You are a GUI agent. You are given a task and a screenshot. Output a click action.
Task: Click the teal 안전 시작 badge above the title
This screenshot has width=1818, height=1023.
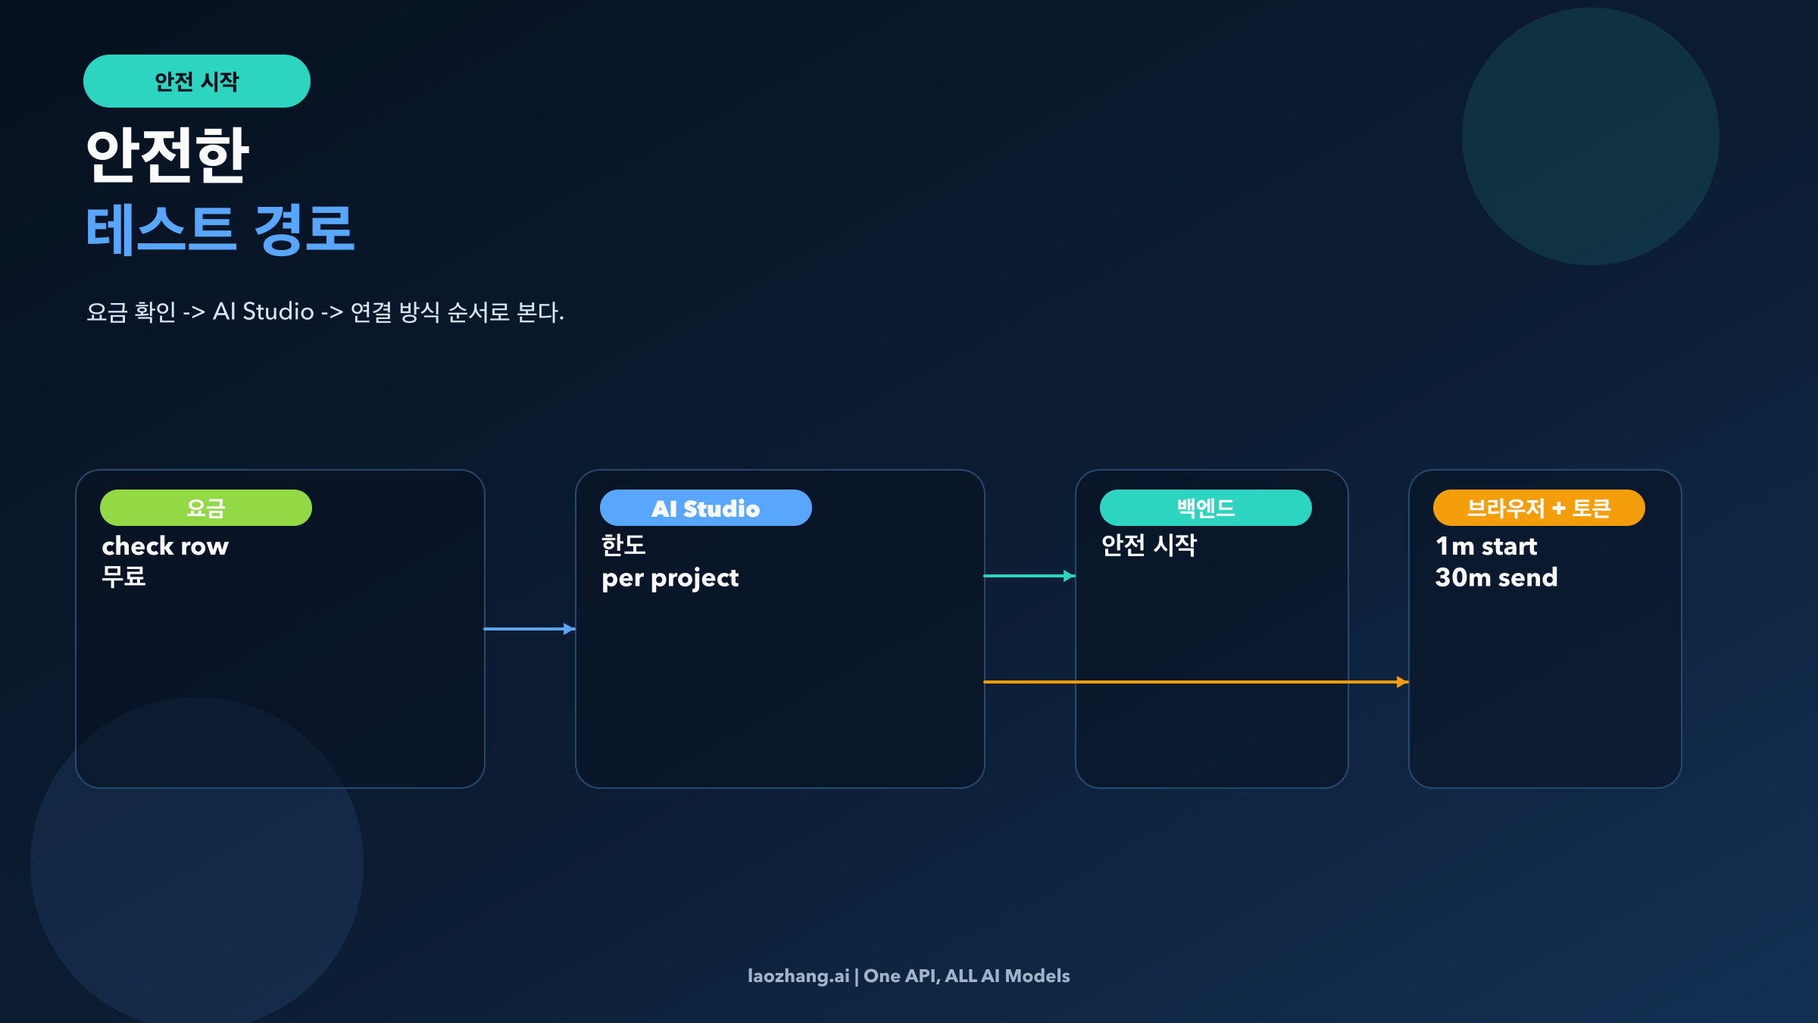pos(196,81)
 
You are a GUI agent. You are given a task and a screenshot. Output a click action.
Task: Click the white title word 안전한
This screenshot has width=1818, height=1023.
pos(167,155)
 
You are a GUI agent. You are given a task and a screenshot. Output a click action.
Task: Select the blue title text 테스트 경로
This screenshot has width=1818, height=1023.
pos(220,229)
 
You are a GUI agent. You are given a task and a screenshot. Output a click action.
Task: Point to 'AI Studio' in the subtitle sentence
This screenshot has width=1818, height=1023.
pos(263,311)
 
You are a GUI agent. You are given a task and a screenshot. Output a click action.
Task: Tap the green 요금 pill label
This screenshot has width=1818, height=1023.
pos(205,508)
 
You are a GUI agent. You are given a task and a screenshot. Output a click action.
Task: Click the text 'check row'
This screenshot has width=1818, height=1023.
pos(165,546)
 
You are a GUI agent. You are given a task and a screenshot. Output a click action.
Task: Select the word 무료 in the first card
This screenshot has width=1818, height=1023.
pos(123,577)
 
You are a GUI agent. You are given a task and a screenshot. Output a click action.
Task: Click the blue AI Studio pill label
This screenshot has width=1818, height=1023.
pos(705,508)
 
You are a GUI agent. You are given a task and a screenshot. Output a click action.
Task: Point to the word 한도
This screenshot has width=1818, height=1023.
pos(623,545)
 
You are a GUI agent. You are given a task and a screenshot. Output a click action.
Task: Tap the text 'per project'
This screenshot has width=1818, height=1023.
pos(670,577)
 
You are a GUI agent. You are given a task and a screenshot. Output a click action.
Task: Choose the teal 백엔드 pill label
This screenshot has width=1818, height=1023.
pos(1205,508)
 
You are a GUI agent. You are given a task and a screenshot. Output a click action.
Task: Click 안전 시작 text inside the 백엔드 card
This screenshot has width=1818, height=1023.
pos(1148,545)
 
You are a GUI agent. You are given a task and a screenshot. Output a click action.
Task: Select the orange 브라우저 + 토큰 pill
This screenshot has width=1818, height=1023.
pos(1538,508)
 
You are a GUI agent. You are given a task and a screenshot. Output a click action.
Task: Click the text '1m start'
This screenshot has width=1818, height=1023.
pos(1486,546)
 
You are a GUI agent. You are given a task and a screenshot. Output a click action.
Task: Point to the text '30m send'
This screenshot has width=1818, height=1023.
pos(1496,577)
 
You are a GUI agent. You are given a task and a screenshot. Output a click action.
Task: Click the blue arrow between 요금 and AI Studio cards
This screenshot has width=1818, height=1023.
pos(529,629)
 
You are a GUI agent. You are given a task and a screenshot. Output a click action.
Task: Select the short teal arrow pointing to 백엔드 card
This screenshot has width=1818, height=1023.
pos(1029,576)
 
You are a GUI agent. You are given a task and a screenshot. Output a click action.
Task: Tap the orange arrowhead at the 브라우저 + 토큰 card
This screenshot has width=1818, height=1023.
pos(1402,682)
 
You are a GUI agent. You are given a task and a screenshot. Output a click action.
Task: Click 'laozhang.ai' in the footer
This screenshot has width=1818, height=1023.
pos(798,976)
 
